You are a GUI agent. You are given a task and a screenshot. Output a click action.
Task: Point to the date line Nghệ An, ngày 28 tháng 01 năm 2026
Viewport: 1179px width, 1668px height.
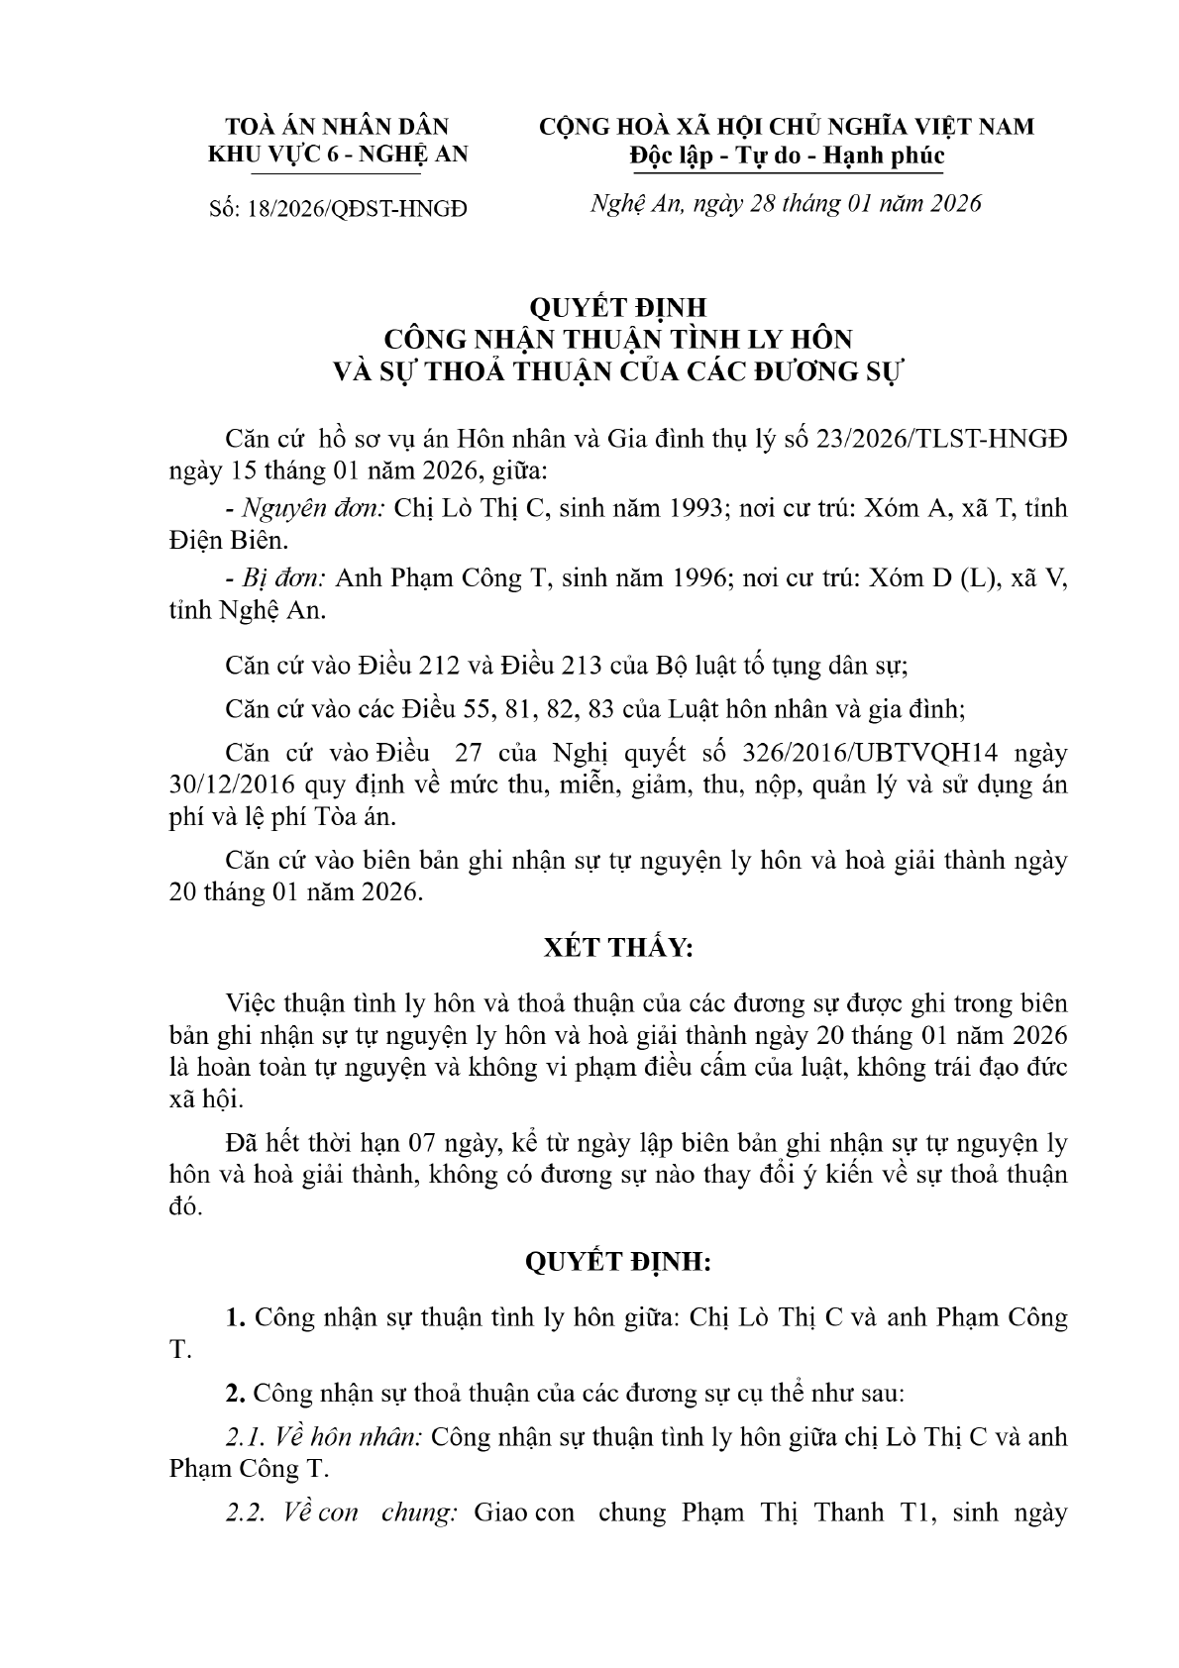point(786,204)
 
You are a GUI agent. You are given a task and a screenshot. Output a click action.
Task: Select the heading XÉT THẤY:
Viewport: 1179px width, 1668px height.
point(618,948)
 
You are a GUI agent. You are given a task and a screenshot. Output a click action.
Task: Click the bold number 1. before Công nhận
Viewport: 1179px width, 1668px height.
point(235,1318)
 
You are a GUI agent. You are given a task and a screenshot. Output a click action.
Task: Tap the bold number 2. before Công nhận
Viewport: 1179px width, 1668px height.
point(235,1394)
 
